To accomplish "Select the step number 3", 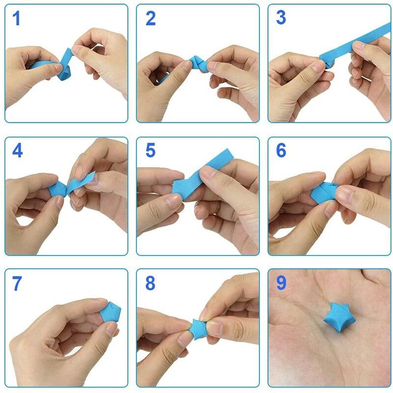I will (x=281, y=18).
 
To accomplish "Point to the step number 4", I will (x=17, y=150).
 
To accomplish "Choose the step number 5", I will (x=150, y=150).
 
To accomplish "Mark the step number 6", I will (x=281, y=150).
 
